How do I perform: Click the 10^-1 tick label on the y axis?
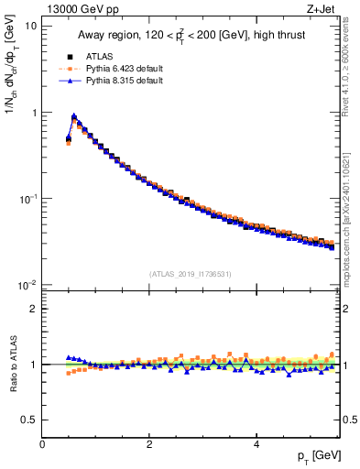click(27, 199)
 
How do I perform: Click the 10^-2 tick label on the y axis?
click(27, 285)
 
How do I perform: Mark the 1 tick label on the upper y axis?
click(33, 113)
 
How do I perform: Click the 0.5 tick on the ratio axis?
click(29, 420)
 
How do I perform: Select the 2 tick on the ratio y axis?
click(33, 309)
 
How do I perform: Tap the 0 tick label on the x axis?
click(42, 443)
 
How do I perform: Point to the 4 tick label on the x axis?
click(256, 443)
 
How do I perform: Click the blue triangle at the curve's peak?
click(74, 116)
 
